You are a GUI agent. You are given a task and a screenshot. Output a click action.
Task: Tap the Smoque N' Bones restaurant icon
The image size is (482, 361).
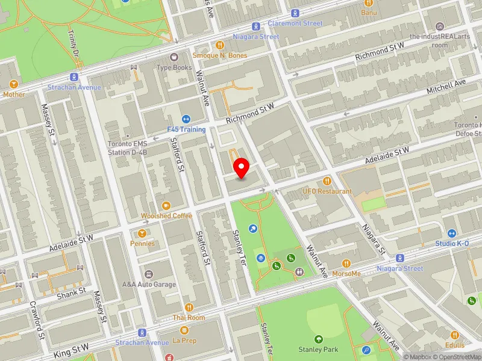[220, 45]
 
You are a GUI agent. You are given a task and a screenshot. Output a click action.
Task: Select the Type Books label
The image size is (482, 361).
[174, 68]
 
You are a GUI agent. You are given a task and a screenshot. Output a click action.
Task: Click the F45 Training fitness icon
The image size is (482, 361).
[186, 119]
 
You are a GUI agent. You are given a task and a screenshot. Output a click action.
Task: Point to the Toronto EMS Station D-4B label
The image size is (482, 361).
[127, 148]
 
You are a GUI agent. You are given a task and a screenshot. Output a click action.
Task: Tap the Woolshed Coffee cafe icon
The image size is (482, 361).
[166, 206]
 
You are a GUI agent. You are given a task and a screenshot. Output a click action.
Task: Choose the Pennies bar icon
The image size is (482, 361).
[142, 233]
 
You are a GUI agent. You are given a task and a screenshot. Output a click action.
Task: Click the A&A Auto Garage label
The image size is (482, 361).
[149, 285]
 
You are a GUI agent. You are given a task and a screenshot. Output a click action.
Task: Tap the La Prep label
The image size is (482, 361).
[184, 341]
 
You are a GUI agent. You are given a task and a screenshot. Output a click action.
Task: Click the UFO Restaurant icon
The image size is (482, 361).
[327, 180]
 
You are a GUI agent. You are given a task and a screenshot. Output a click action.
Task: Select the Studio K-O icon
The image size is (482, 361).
[452, 233]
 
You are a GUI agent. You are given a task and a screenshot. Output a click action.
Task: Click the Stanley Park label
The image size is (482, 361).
[318, 350]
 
